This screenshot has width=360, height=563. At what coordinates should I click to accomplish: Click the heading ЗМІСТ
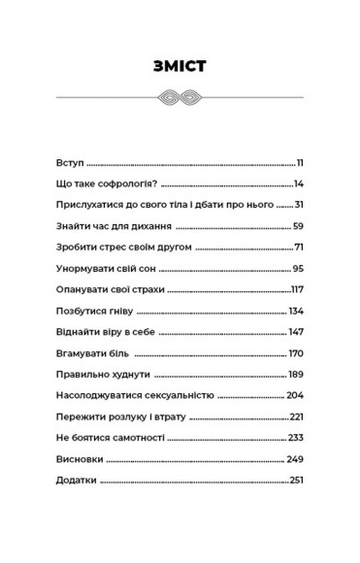coord(180,66)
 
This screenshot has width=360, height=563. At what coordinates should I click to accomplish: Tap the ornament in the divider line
coord(180,97)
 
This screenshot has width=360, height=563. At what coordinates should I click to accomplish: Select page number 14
coord(300,182)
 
